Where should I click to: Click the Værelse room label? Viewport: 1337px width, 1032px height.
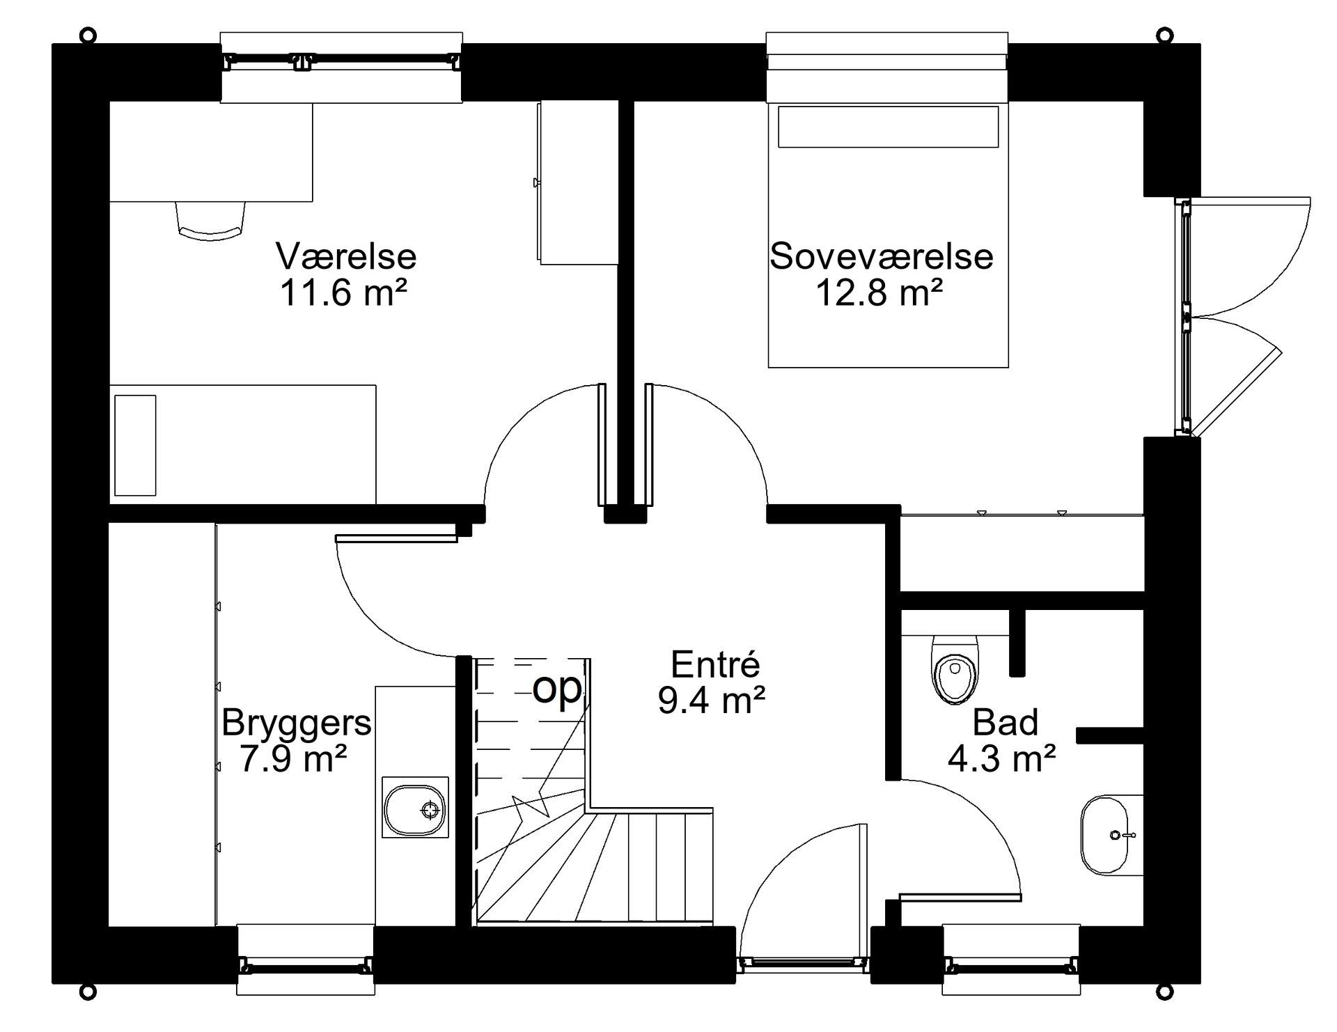346,256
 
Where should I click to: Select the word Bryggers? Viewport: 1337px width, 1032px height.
296,724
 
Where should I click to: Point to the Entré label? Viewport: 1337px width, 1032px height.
715,664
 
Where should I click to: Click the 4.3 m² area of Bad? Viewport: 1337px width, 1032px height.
1002,758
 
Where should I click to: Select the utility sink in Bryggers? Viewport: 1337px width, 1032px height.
415,807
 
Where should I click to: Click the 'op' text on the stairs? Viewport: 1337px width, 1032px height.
556,689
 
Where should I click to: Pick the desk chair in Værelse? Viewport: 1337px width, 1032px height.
211,221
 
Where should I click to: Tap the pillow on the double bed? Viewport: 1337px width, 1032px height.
888,127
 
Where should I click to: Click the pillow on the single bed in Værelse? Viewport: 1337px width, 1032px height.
135,446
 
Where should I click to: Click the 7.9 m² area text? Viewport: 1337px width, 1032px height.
293,758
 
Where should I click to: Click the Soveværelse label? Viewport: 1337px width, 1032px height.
881,256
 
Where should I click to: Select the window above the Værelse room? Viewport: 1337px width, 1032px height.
341,68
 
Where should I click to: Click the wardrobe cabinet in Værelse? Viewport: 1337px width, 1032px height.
579,183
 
